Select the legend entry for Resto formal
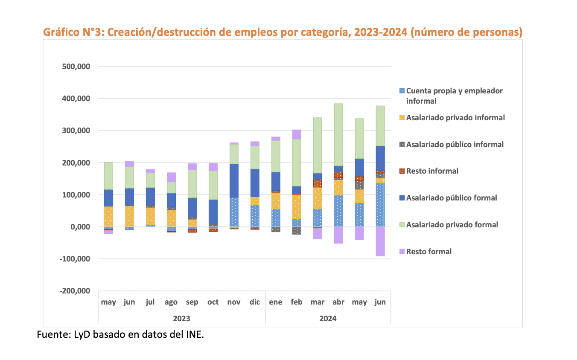[x=428, y=252]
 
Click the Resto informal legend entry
[x=432, y=171]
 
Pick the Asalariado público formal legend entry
[x=451, y=198]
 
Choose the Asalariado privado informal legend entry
[x=455, y=118]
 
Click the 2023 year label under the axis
[x=181, y=319]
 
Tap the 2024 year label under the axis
[x=328, y=319]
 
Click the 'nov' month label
[x=234, y=302]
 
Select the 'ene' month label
[x=276, y=302]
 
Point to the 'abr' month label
[x=338, y=302]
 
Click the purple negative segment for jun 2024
[x=380, y=241]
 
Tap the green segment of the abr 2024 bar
[x=338, y=134]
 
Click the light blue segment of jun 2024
[x=380, y=205]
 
